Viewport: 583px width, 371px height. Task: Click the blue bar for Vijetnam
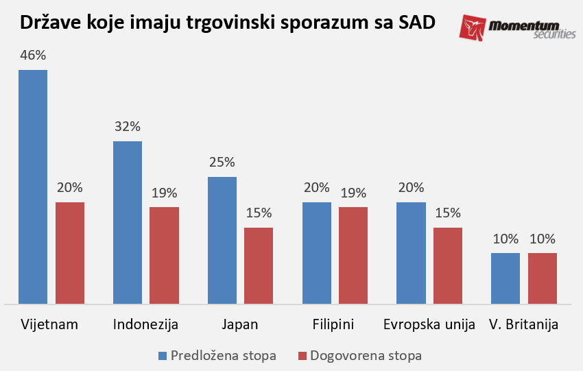click(33, 186)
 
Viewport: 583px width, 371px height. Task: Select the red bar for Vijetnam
click(70, 252)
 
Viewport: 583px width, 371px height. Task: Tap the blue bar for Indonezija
click(128, 222)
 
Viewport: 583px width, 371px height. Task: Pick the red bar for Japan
click(259, 265)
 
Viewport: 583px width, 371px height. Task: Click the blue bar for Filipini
click(317, 252)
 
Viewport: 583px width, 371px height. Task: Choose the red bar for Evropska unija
click(448, 265)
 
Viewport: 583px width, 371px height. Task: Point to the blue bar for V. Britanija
click(506, 278)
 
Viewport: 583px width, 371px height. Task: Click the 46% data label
click(33, 55)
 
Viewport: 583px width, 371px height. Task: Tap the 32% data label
click(128, 126)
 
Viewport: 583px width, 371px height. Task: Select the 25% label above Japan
click(222, 163)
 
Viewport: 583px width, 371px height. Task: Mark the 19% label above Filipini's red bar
click(353, 193)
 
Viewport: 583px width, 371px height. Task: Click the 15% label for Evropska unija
click(448, 213)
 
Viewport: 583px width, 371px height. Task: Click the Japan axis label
click(240, 324)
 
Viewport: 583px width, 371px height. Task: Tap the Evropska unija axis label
click(429, 324)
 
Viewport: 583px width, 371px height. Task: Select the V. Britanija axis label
click(523, 324)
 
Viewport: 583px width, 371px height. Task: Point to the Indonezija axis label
click(145, 324)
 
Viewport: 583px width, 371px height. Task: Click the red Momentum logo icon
click(473, 28)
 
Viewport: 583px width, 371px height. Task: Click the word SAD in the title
click(416, 23)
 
